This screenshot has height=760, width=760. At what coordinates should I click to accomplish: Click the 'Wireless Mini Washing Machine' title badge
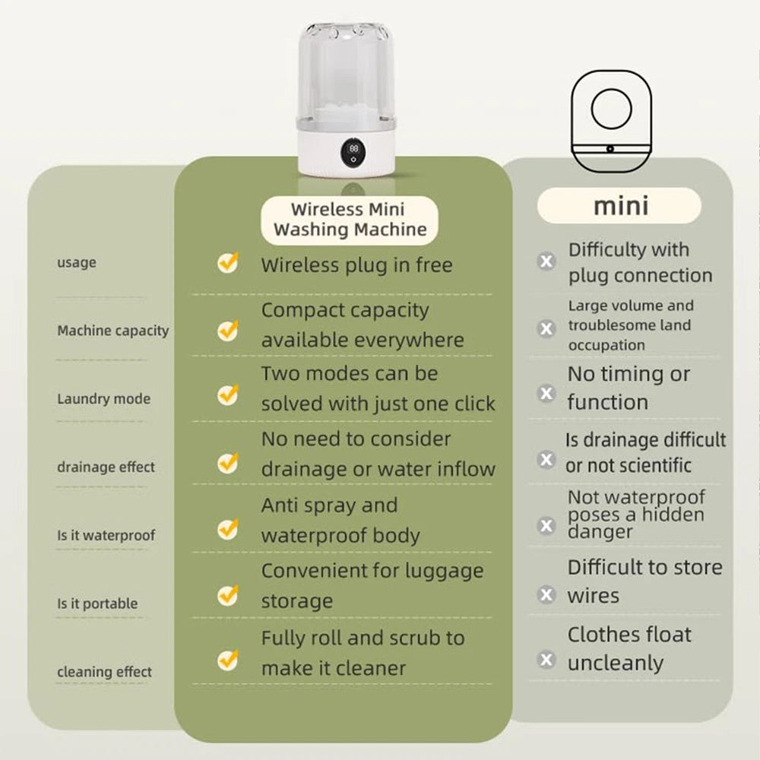(350, 220)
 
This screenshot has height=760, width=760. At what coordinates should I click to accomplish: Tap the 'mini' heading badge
(619, 205)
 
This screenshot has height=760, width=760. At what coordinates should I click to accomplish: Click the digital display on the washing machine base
(353, 152)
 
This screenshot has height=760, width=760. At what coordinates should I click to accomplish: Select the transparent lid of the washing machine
(346, 73)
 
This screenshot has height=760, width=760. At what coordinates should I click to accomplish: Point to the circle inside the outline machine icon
(612, 108)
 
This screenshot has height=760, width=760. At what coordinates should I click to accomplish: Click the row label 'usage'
(77, 263)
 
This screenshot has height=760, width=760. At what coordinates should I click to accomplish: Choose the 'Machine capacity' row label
(113, 331)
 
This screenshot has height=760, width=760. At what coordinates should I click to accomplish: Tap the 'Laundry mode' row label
(103, 399)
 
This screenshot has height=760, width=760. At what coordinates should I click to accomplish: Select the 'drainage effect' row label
(106, 467)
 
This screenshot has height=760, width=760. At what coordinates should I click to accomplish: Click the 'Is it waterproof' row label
(106, 535)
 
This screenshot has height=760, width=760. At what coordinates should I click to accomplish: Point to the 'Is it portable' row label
(97, 603)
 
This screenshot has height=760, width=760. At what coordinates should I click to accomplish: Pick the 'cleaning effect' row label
(104, 672)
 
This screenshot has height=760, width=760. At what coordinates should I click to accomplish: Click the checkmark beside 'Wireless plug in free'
(228, 262)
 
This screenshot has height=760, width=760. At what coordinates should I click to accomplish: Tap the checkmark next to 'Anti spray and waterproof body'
(228, 529)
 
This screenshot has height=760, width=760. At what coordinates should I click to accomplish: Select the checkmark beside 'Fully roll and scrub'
(228, 660)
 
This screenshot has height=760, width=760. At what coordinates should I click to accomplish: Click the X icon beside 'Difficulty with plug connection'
(546, 261)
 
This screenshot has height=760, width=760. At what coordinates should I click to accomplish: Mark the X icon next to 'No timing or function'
(546, 393)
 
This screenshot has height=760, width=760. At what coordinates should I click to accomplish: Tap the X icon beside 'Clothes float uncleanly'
(546, 660)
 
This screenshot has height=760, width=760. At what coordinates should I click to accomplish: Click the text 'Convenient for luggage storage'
(372, 585)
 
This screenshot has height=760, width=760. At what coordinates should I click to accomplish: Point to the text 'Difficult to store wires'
(644, 581)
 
